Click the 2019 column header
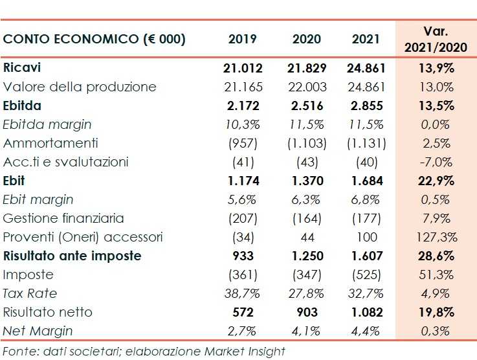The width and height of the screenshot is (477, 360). click(243, 39)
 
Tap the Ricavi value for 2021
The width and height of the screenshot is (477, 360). click(366, 68)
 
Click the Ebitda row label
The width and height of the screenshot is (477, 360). click(22, 106)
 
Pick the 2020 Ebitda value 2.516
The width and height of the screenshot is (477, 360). click(306, 106)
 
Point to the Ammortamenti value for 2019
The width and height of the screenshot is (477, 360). click(243, 143)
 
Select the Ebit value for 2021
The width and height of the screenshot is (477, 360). click(366, 181)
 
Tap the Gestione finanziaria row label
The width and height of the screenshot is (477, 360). click(63, 218)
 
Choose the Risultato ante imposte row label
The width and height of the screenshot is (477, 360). click(72, 256)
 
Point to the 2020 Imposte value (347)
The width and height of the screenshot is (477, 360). click(306, 275)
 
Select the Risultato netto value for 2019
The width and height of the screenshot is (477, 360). click(243, 312)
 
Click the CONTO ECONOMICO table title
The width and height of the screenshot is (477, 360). click(94, 39)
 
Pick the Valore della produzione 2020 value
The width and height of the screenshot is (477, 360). click(306, 87)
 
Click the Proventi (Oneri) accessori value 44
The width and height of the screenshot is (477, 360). click(306, 237)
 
